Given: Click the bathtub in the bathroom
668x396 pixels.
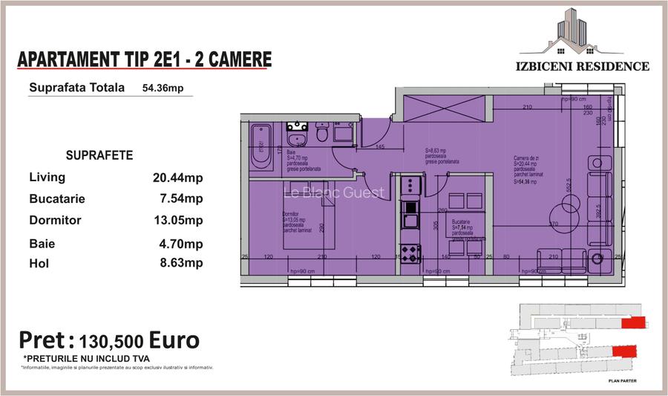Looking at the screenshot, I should pos(261,147).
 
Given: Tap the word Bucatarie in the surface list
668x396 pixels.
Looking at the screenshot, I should pos(57,199).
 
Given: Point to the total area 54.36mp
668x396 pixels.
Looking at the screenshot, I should pos(168,88).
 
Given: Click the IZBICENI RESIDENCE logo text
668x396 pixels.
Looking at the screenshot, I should pos(582,66).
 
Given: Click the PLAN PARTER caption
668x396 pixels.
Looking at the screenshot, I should pos(622,380).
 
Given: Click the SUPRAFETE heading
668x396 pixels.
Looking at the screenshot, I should pos(99,156).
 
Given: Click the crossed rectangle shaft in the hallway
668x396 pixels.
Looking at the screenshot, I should pos(443,109).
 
